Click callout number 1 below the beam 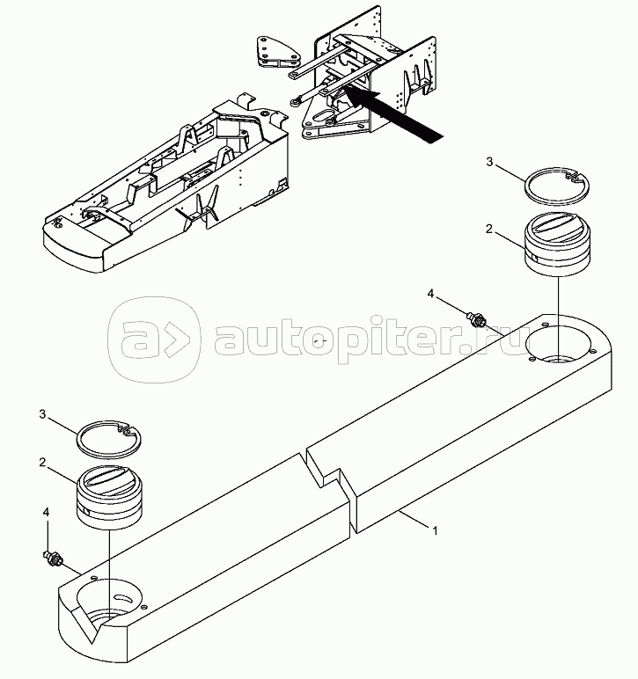tap(435, 530)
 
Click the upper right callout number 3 tap(489, 162)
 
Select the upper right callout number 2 tap(489, 229)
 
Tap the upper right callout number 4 tap(430, 294)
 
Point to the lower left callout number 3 tap(42, 414)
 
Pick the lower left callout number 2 tap(42, 463)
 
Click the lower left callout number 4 tap(46, 512)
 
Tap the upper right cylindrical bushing tap(557, 244)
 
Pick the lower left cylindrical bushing tap(110, 497)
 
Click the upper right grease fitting tap(477, 319)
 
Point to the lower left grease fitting tap(54, 558)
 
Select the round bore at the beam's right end tap(558, 343)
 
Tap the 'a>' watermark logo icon tap(155, 339)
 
